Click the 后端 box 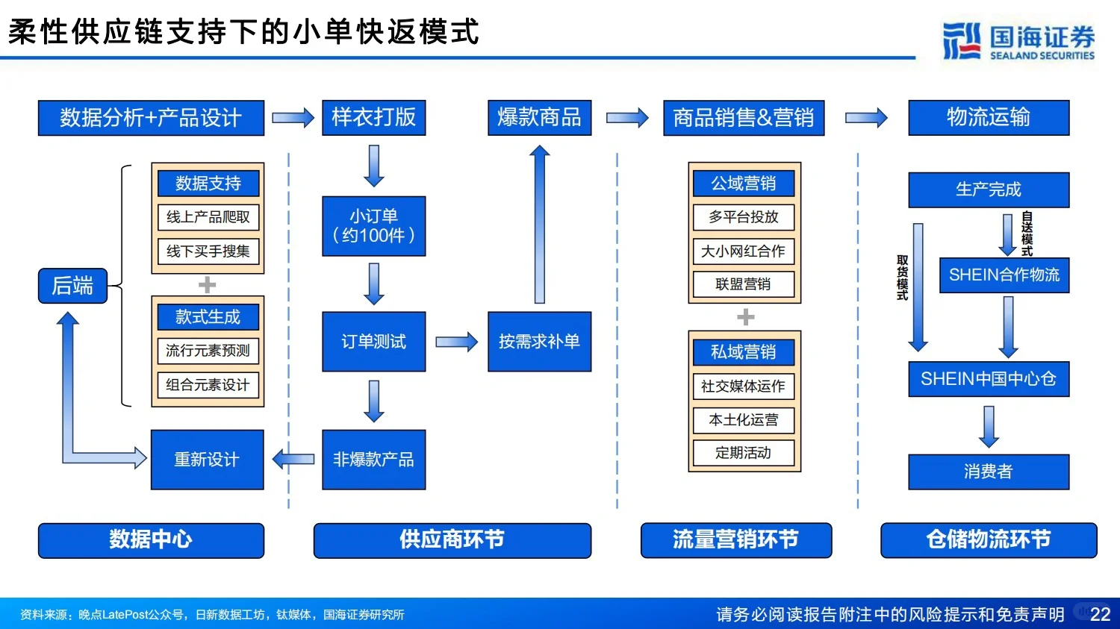[72, 286]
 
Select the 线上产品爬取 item [208, 217]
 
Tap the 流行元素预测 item [208, 351]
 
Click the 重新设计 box [207, 460]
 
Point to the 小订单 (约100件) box [373, 226]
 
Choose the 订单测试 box [373, 342]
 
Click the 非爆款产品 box [373, 460]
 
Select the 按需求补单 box [539, 342]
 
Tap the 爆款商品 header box [539, 118]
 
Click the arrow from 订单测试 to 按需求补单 [456, 342]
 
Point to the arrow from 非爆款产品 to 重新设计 [293, 459]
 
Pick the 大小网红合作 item [743, 251]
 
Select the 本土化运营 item [743, 420]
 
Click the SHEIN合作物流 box [1004, 275]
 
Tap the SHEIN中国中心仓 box [988, 379]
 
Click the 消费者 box [988, 472]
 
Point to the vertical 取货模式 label [902, 278]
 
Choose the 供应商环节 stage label [452, 540]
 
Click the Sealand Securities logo [1018, 41]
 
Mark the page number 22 [1100, 614]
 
